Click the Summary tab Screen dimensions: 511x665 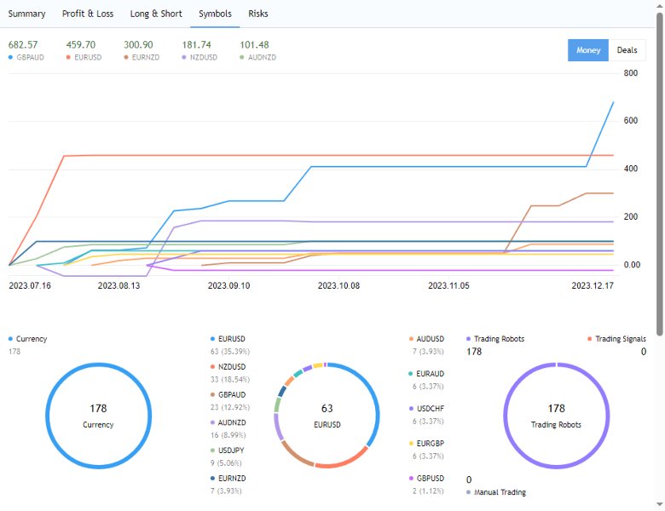pyautogui.click(x=26, y=14)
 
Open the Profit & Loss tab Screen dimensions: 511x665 pyautogui.click(x=88, y=14)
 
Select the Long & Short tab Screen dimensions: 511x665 pyautogui.click(x=156, y=14)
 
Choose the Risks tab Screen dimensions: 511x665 pyautogui.click(x=257, y=14)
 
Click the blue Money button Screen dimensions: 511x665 pyautogui.click(x=587, y=50)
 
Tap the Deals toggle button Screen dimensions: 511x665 pyautogui.click(x=627, y=50)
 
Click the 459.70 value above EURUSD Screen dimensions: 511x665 pyautogui.click(x=80, y=44)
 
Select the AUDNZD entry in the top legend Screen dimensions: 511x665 pyautogui.click(x=261, y=58)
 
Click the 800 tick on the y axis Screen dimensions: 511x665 pyautogui.click(x=630, y=73)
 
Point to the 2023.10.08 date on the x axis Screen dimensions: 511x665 pyautogui.click(x=338, y=286)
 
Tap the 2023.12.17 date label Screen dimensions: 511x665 pyautogui.click(x=592, y=286)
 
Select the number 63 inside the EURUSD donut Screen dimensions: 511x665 pyautogui.click(x=327, y=409)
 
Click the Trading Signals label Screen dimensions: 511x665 pyautogui.click(x=620, y=339)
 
